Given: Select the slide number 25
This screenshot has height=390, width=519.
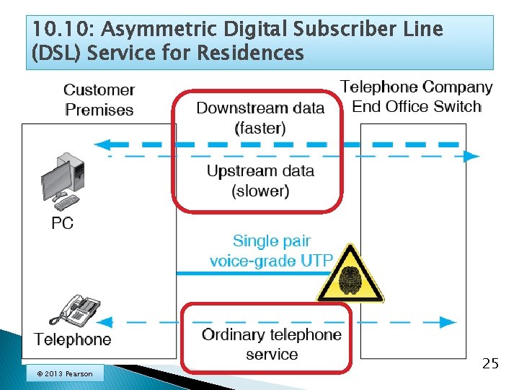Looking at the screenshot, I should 490,363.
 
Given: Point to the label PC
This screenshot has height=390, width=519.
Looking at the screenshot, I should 63,223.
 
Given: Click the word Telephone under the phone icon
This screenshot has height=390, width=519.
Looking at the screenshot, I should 73,339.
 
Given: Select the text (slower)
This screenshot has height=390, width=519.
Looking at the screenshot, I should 260,191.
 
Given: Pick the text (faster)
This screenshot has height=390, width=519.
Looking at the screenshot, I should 260,129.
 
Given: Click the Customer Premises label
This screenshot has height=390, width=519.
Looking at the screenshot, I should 99,100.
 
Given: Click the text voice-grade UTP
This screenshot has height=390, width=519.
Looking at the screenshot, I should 271,261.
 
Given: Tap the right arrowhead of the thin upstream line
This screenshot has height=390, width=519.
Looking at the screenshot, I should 471,156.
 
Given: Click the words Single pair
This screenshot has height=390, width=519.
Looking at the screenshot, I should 271,240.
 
